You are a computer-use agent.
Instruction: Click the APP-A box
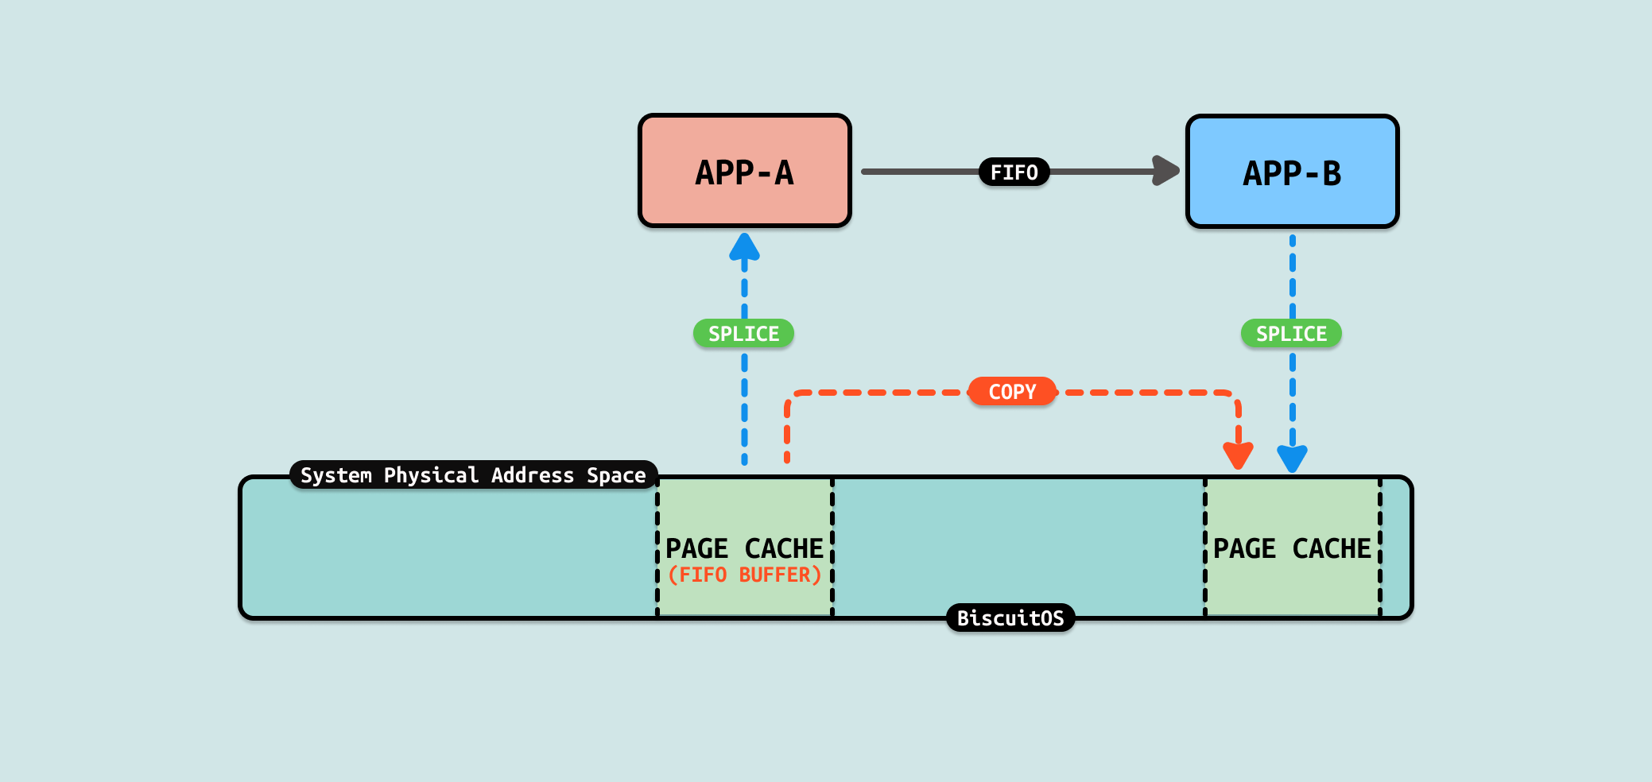tap(744, 171)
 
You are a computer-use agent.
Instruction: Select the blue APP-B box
tap(1292, 172)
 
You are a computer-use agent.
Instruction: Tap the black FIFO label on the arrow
tap(1014, 172)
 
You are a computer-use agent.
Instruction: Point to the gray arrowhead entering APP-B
tap(1165, 171)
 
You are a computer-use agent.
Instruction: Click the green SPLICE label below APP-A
tap(743, 334)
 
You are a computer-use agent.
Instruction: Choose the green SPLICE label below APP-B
tap(1291, 334)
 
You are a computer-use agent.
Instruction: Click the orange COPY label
tap(1012, 392)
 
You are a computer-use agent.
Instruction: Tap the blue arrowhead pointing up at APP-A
tap(744, 247)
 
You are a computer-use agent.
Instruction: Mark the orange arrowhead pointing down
tap(1238, 455)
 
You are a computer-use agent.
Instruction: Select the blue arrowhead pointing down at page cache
tap(1292, 458)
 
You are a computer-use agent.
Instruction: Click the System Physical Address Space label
tap(473, 475)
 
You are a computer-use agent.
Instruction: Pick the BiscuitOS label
tap(1010, 618)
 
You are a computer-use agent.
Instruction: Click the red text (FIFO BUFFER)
tap(744, 575)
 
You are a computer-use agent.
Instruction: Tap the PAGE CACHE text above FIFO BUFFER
tap(744, 548)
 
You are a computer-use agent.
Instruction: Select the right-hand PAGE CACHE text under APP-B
tap(1292, 548)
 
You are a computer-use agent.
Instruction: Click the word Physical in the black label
tap(431, 475)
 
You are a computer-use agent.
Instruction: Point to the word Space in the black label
tap(616, 475)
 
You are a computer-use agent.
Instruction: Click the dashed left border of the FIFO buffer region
tap(657, 548)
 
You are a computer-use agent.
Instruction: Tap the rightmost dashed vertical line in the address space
tap(1380, 548)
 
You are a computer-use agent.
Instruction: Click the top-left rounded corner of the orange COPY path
tap(791, 397)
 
